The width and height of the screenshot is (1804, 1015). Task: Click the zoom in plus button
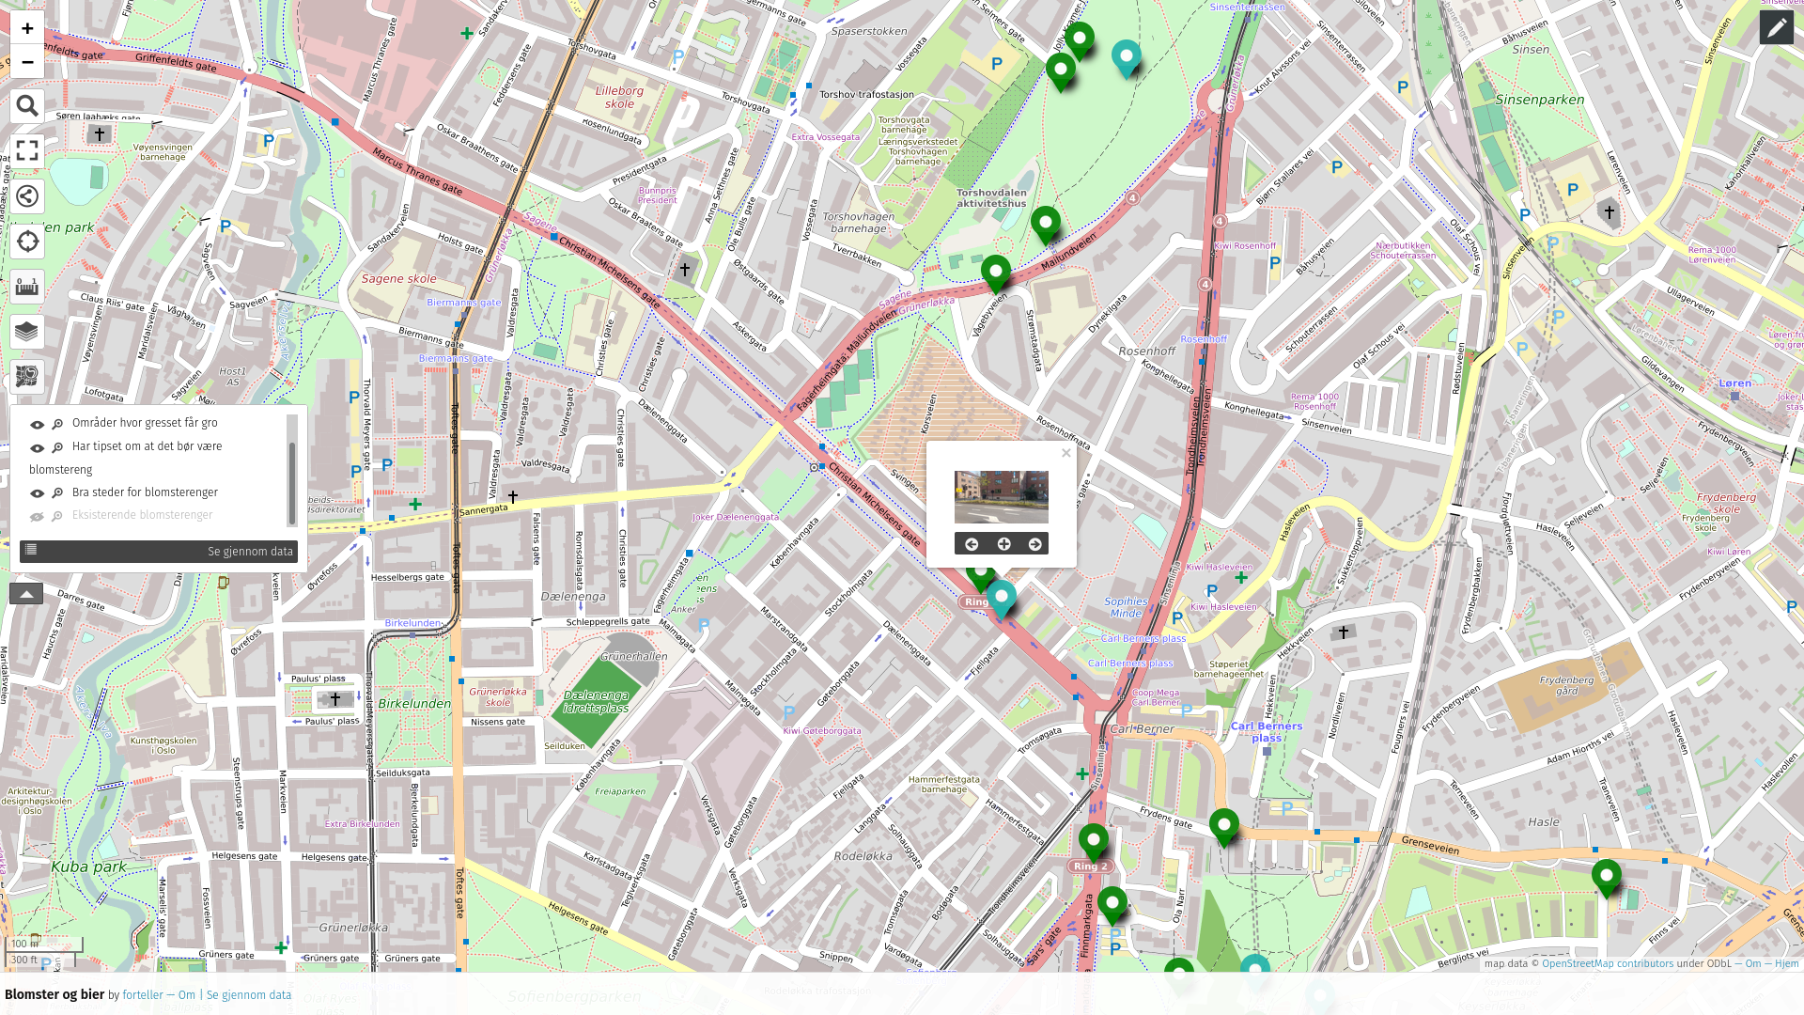(27, 28)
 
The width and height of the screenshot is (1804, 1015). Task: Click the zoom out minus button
(27, 62)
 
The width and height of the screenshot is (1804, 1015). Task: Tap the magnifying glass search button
(27, 106)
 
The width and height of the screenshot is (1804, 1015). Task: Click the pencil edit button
(1776, 28)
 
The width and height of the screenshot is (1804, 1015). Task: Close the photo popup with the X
(1065, 453)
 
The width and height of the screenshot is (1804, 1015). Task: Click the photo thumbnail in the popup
(1001, 497)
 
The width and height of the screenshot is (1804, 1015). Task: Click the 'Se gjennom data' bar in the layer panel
(158, 552)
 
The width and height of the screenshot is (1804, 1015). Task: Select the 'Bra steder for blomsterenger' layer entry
(145, 492)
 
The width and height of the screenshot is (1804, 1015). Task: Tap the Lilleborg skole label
(619, 98)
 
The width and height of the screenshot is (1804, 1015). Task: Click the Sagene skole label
(398, 279)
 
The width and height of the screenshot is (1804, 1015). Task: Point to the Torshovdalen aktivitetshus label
(991, 197)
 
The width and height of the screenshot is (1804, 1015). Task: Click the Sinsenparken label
(1539, 100)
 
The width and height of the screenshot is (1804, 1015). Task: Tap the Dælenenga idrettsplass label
(596, 702)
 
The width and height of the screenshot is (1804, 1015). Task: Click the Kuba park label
(88, 867)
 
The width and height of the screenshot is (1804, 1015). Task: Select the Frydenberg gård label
(1566, 685)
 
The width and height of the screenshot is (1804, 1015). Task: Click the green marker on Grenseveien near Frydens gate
(1223, 826)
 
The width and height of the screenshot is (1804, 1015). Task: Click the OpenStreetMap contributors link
(1607, 963)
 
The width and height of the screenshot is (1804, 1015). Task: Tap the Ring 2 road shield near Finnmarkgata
(1090, 867)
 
